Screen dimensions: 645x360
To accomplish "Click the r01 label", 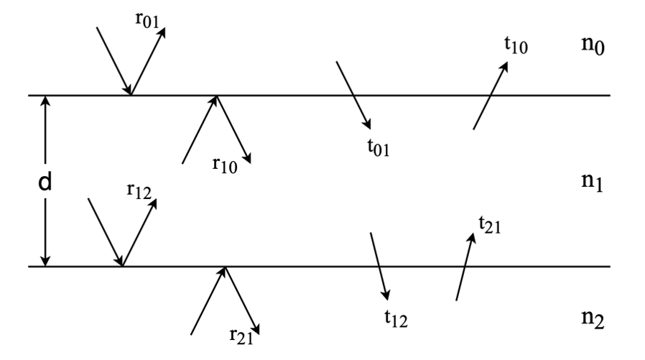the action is (x=147, y=20).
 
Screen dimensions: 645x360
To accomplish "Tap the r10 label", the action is (x=225, y=165).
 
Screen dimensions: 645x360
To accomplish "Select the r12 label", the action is (x=139, y=191).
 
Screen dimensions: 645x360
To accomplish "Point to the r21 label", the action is (x=241, y=336).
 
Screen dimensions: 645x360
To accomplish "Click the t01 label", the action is (x=379, y=147).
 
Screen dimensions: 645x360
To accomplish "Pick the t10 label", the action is (x=516, y=45).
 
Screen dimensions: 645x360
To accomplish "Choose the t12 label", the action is (x=396, y=318).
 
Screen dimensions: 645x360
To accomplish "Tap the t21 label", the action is (x=490, y=225).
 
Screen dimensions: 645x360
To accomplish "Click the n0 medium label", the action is (x=593, y=45).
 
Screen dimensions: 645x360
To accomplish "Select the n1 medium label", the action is (x=592, y=182).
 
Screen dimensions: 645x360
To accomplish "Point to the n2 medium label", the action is (x=593, y=319).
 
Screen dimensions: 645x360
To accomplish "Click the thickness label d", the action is (x=45, y=182).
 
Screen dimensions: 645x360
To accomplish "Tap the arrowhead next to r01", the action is (x=162, y=32).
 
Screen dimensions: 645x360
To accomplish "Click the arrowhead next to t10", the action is (x=504, y=67).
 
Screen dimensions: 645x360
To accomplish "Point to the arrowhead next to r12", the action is (x=153, y=203).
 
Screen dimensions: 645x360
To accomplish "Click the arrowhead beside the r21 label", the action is (x=256, y=329).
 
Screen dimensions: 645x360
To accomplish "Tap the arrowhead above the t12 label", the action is (x=386, y=295).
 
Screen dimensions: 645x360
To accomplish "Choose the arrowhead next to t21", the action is (x=472, y=239).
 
